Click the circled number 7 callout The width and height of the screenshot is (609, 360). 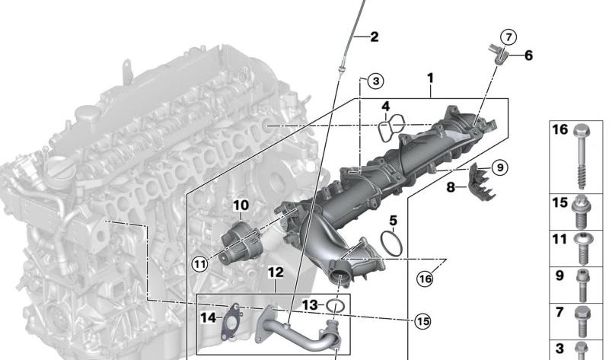point(509,37)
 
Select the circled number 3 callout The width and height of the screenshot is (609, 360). point(375,81)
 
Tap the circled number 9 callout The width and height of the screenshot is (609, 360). point(500,167)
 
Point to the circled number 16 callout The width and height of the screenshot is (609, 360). point(425,279)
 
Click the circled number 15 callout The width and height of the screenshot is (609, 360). point(423,321)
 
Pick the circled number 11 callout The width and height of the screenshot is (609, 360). point(200,264)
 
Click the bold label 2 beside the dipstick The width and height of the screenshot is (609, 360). point(374,37)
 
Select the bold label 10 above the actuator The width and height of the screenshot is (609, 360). point(241,205)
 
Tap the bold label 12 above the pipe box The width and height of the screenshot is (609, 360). point(276,272)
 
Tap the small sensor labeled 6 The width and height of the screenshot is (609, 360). point(498,55)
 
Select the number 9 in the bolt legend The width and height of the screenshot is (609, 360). point(560,276)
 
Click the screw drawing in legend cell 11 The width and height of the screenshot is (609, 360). point(582,248)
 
